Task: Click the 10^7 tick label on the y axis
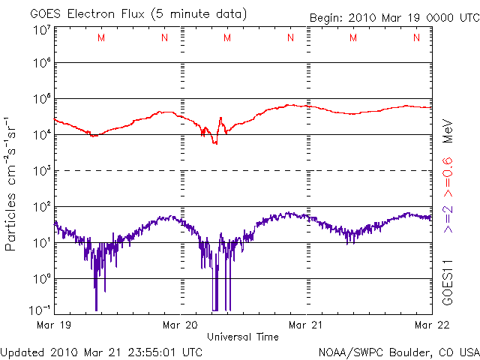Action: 40,30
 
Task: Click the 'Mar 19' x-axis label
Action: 52,325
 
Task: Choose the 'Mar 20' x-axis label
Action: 181,325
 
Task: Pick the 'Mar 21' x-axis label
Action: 307,325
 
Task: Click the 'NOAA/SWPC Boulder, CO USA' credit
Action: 398,352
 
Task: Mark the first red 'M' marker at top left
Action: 101,38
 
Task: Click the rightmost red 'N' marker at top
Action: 415,38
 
